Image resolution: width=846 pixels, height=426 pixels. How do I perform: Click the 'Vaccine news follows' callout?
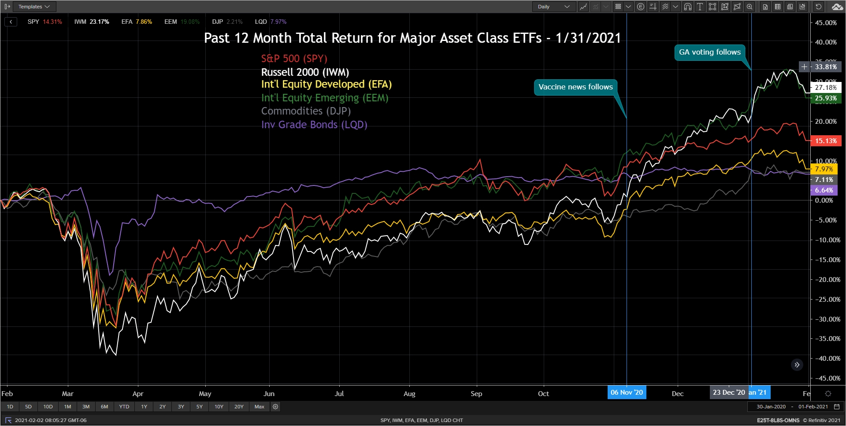pos(575,87)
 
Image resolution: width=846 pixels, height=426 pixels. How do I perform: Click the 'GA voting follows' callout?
pos(709,52)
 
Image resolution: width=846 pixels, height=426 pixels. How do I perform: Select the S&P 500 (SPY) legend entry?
pos(294,59)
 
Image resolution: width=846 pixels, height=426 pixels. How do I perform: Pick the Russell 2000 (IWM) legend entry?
pos(305,72)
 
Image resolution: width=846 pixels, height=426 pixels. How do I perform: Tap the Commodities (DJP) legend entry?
pos(306,111)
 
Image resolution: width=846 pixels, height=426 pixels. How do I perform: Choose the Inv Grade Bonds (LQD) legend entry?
pos(314,125)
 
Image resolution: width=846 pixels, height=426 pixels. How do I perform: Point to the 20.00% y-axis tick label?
pos(825,122)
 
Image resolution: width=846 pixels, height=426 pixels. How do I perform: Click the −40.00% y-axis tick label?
pos(825,359)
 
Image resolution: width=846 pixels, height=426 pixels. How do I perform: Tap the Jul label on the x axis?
pos(339,394)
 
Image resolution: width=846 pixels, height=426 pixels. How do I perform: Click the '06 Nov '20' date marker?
pos(627,393)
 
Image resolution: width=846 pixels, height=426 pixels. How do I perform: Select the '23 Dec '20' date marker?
pos(728,393)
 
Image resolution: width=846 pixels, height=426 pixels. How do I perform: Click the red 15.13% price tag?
pos(825,141)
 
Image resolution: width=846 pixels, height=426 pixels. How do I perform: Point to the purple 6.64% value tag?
pos(824,190)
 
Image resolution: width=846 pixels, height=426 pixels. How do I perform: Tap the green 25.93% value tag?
pos(825,98)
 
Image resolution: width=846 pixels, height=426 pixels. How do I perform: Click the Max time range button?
pos(259,407)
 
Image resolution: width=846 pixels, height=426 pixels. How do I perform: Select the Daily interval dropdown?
pos(553,7)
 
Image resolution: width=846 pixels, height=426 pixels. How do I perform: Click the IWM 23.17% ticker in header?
pos(92,22)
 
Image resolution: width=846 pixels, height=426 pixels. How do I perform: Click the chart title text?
pos(412,38)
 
